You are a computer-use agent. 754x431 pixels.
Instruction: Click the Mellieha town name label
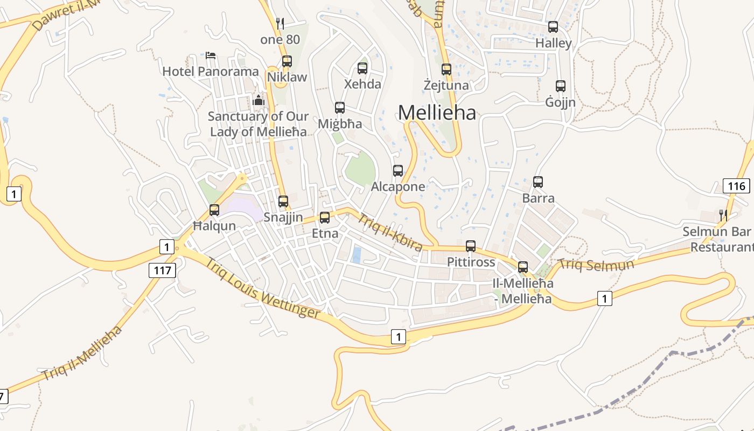(x=437, y=113)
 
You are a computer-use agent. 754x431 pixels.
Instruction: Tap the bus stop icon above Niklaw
(x=287, y=61)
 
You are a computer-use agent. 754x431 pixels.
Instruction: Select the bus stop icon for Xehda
(x=362, y=68)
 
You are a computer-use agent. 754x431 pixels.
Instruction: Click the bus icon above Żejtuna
(x=446, y=69)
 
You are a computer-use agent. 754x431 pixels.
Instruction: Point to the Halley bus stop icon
(x=553, y=27)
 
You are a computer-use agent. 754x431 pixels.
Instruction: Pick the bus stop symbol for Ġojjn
(x=561, y=86)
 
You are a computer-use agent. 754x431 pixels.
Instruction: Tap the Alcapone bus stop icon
(x=398, y=171)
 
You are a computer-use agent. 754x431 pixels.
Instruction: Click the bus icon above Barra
(x=538, y=182)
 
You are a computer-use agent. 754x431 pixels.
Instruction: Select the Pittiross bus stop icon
(x=471, y=246)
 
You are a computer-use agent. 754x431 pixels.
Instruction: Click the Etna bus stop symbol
(x=325, y=218)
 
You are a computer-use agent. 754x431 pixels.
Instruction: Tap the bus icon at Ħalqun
(x=214, y=210)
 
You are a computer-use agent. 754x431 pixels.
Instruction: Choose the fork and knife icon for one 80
(x=280, y=23)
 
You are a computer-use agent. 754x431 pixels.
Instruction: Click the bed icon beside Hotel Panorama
(x=211, y=55)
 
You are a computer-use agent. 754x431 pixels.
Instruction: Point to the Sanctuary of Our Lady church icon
(x=259, y=100)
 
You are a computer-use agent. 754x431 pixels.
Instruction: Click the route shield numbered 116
(x=736, y=186)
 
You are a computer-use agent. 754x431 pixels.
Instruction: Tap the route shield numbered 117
(x=162, y=270)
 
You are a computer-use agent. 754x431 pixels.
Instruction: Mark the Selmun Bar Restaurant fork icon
(x=723, y=215)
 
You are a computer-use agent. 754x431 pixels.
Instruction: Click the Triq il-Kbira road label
(x=390, y=232)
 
